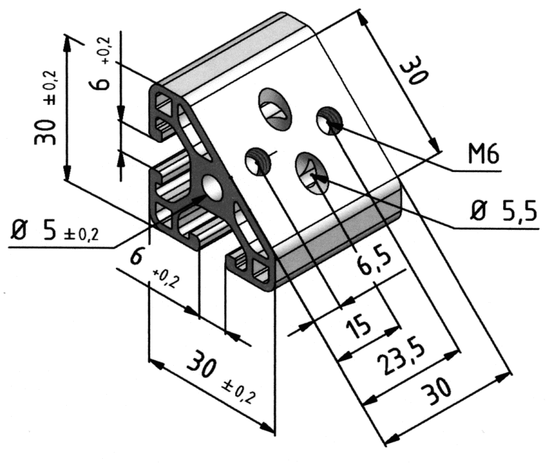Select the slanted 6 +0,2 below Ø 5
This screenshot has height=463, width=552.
(x=148, y=266)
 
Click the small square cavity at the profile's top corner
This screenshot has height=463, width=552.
(x=166, y=105)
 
